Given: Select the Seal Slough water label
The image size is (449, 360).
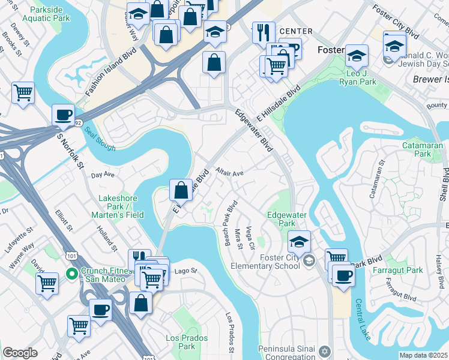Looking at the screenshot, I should tap(99, 139).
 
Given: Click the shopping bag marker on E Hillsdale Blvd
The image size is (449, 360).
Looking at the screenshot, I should tap(181, 190).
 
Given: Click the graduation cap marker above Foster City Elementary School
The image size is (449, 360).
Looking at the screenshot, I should tap(299, 241).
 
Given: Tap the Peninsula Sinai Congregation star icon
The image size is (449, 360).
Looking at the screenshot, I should tap(325, 350).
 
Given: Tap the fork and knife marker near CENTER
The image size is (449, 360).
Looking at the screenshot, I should tap(264, 32).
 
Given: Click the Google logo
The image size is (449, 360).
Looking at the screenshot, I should tap(20, 353).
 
